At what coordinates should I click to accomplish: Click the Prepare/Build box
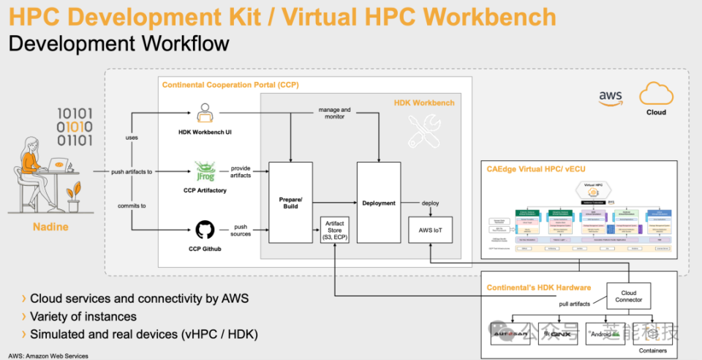[290, 203]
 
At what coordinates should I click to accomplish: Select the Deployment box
[379, 203]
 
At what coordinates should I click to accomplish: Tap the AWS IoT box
[431, 229]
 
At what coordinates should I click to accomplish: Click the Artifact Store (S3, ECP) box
[334, 230]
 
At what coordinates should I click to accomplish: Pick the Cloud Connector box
[628, 295]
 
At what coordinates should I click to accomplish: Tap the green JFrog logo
[204, 172]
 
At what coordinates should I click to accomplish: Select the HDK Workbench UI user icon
[204, 113]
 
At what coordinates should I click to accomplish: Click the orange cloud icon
[655, 95]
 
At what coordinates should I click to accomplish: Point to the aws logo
[611, 98]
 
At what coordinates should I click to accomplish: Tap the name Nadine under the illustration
[51, 227]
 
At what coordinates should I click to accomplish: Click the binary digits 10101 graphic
[75, 126]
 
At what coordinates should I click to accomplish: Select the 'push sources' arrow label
[241, 230]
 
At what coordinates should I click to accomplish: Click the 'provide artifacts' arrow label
[241, 171]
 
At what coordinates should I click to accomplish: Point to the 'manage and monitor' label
[334, 113]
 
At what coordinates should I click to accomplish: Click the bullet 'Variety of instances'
[83, 317]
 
